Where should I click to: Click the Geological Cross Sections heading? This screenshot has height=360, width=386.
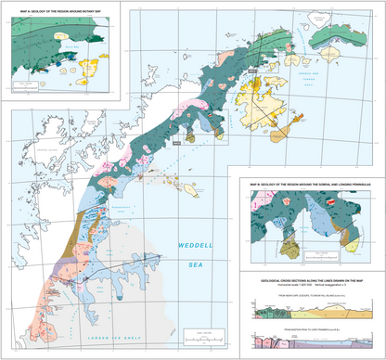point(307,276)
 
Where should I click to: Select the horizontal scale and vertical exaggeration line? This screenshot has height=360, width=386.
point(307,282)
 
